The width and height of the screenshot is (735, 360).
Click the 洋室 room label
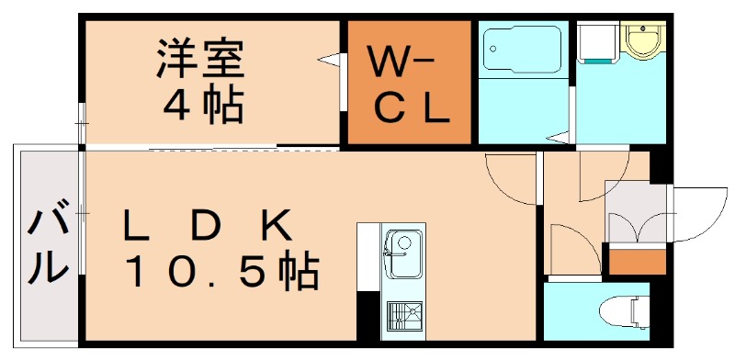point(199,61)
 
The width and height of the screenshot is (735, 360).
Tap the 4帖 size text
point(203,107)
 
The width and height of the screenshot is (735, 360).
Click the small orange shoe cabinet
point(637,261)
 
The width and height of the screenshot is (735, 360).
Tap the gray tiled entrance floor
point(636,198)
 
